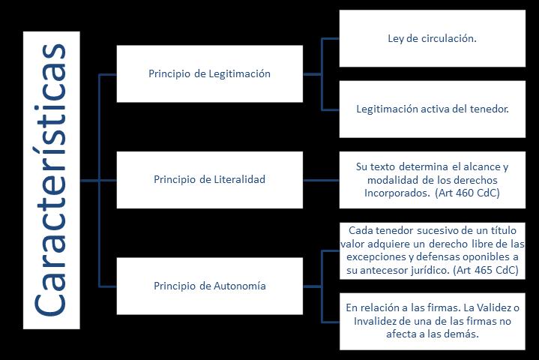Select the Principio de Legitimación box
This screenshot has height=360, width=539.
pos(209,73)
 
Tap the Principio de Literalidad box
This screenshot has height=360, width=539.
pos(209,179)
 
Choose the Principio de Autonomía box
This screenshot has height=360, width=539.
pos(209,286)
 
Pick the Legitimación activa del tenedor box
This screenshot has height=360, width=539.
pos(432,109)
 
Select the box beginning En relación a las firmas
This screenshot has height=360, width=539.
pos(432,321)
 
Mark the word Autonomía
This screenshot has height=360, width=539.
pos(241,286)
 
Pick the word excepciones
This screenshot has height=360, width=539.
pos(374,256)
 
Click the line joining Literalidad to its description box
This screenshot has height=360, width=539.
pos(321,180)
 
